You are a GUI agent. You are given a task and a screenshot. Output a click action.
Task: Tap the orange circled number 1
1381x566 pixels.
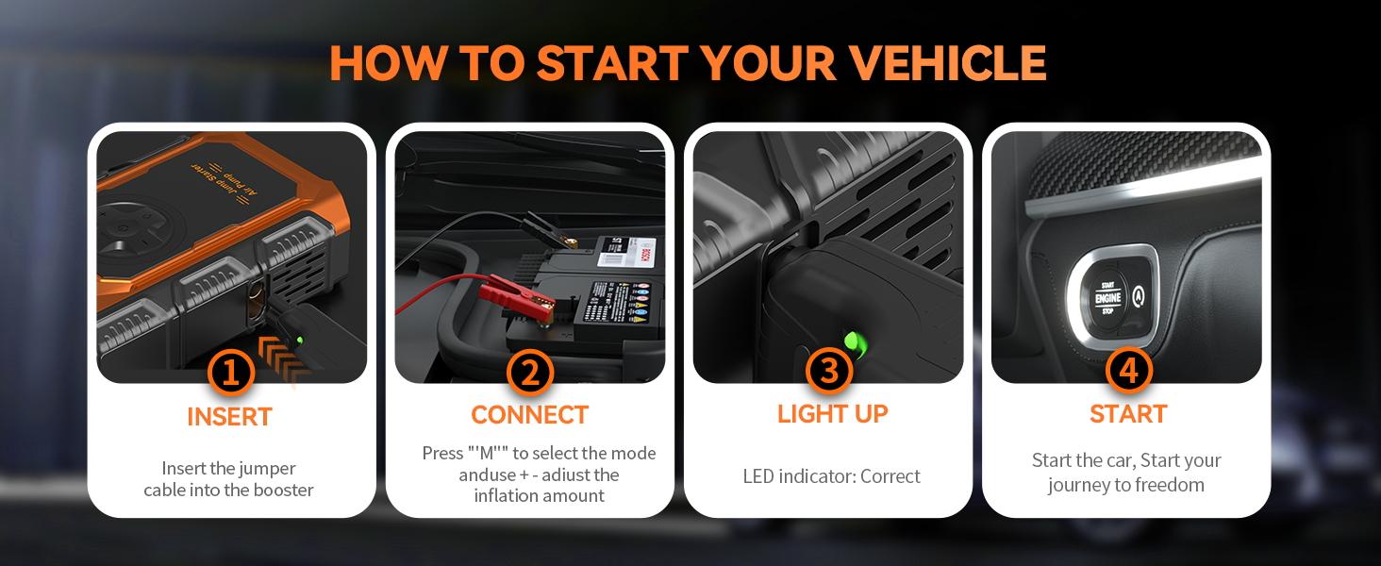[x=230, y=374]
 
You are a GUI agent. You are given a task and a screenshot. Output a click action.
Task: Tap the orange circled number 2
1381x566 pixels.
[x=529, y=374]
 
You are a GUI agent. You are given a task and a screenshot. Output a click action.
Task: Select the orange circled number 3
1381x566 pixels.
[x=828, y=372]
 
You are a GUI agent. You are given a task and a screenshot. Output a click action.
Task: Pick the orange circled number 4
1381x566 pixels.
[x=1128, y=372]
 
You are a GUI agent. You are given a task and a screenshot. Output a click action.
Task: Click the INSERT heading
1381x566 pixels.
[x=229, y=417]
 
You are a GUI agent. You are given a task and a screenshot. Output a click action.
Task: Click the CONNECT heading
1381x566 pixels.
[x=529, y=415]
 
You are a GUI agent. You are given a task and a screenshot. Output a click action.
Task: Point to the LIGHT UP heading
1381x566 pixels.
[x=832, y=413]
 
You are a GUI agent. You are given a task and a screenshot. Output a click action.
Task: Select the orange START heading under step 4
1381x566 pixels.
[x=1128, y=414]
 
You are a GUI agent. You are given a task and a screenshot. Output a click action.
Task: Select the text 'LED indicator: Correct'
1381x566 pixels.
[x=831, y=476]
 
